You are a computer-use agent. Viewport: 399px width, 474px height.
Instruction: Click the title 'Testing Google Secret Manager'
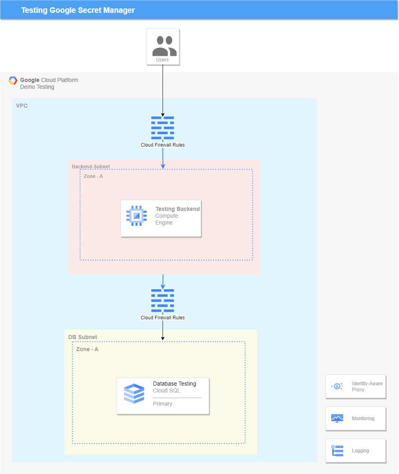78,10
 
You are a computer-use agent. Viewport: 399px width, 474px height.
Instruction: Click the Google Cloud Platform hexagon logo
13,81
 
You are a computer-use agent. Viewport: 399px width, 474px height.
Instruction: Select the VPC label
22,106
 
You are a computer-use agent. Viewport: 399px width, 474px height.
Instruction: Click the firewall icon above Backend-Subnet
163,128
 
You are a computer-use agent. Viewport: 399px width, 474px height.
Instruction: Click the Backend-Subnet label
91,167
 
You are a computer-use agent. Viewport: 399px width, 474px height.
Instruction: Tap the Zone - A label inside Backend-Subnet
93,176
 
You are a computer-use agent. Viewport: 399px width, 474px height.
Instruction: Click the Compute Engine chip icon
136,216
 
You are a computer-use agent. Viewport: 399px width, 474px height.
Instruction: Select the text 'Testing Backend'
177,209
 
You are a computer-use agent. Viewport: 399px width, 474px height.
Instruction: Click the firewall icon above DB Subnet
163,300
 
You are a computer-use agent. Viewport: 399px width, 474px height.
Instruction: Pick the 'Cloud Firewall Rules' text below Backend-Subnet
163,318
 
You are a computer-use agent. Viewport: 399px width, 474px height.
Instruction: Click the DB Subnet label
83,337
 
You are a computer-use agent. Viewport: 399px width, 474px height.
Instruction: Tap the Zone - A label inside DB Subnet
87,349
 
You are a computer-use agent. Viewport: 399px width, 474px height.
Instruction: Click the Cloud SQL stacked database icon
134,394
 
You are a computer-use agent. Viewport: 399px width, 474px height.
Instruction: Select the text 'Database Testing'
175,384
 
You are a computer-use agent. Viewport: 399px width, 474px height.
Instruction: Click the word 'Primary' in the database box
163,404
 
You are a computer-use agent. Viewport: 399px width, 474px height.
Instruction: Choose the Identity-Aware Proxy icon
337,386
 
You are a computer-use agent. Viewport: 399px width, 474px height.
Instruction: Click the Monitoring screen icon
337,419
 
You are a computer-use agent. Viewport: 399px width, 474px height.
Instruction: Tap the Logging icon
337,451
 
